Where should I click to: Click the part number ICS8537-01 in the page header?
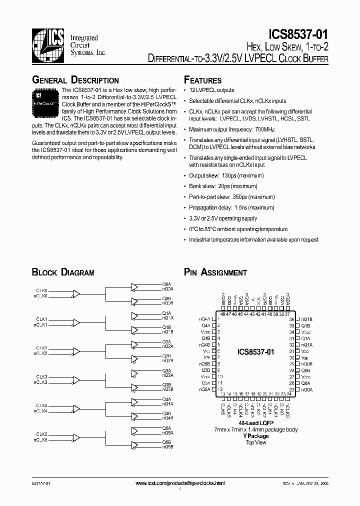point(298,35)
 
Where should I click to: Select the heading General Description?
point(75,80)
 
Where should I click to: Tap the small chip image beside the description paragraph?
point(45,97)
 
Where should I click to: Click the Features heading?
point(203,80)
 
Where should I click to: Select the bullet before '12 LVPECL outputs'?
point(185,90)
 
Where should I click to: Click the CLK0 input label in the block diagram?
point(41,290)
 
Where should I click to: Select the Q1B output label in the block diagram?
point(166,327)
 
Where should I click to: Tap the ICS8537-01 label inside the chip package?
point(255,352)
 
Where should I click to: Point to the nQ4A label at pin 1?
point(205,319)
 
